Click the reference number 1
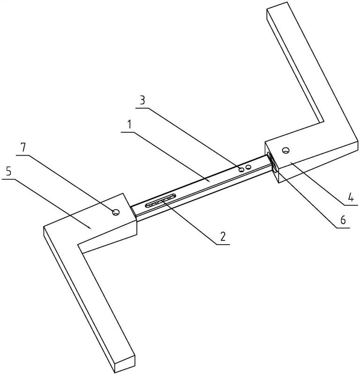tap(129, 125)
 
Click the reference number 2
tap(223, 237)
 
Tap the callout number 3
tap(142, 100)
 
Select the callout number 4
tap(351, 197)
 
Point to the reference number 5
tap(8, 171)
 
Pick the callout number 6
tap(343, 220)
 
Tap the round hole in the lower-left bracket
tap(116, 212)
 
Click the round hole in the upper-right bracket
tap(285, 150)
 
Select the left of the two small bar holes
tap(241, 169)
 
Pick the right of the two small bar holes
tap(248, 167)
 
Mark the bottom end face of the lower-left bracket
tap(125, 364)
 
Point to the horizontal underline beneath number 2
tap(223, 244)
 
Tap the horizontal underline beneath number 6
tap(343, 228)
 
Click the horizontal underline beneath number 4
tap(352, 205)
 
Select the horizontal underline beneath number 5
tap(8, 180)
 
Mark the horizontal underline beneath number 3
tap(142, 108)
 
